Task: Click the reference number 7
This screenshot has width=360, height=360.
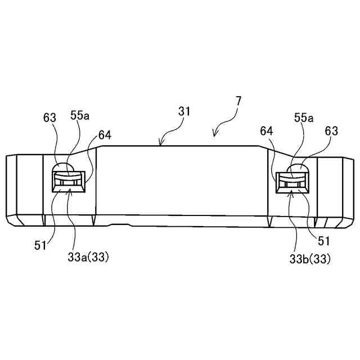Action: pyautogui.click(x=238, y=102)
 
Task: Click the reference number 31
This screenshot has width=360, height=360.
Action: pyautogui.click(x=184, y=111)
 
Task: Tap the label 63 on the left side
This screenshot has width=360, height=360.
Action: pyautogui.click(x=49, y=118)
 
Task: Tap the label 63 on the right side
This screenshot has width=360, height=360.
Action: pyautogui.click(x=331, y=131)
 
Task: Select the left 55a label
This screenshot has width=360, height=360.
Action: pyautogui.click(x=79, y=116)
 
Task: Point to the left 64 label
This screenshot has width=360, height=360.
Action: pyautogui.click(x=105, y=136)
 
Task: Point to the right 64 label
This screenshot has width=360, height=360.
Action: pyautogui.click(x=267, y=131)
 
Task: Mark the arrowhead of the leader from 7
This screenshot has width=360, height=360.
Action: pyautogui.click(x=214, y=134)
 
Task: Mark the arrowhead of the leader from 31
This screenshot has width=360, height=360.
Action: pyautogui.click(x=161, y=145)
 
